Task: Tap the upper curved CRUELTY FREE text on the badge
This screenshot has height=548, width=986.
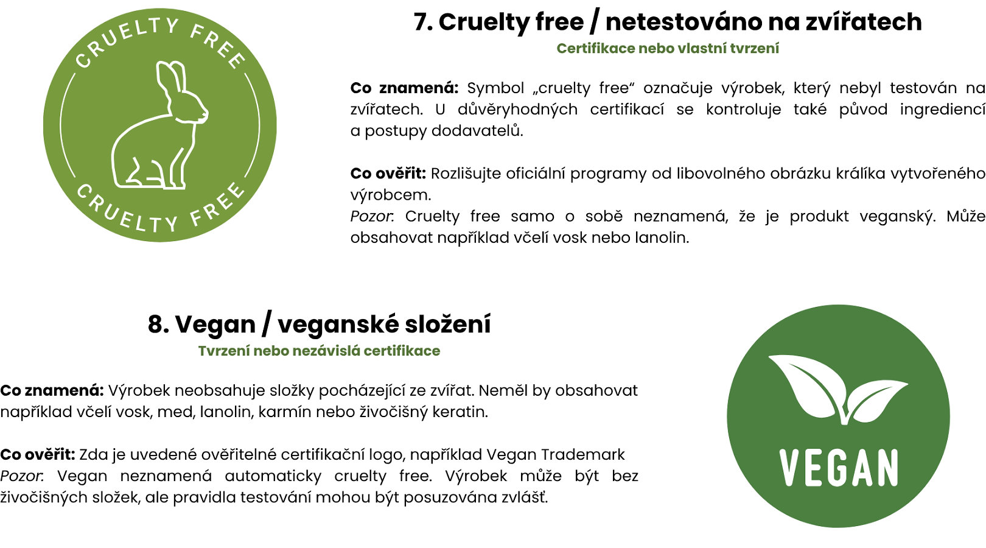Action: (x=161, y=40)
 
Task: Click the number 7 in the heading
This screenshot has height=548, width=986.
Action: (x=423, y=22)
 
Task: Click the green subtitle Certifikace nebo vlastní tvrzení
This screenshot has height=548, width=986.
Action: (x=668, y=49)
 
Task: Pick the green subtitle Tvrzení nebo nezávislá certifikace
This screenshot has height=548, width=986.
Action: (x=319, y=351)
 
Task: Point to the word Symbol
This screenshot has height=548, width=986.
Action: (x=495, y=88)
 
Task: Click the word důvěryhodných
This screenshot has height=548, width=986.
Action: (x=517, y=109)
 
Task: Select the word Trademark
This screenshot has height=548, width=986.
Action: (x=583, y=455)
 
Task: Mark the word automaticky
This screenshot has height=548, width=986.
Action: (x=273, y=476)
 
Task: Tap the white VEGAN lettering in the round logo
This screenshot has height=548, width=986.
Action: (x=839, y=468)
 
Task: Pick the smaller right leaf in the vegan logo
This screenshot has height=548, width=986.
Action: (x=876, y=399)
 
